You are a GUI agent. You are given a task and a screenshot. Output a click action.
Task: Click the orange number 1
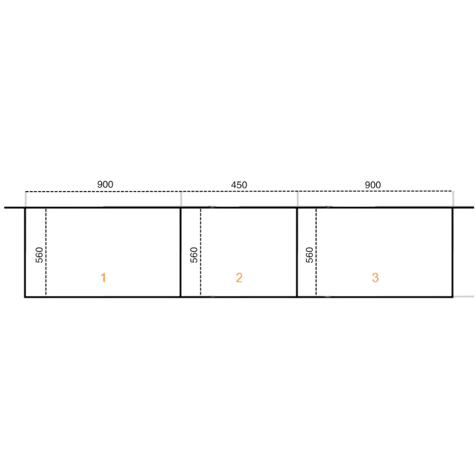[103, 278]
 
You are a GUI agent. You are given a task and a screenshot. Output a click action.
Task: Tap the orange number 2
[239, 278]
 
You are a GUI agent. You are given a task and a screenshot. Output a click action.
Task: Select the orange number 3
[376, 278]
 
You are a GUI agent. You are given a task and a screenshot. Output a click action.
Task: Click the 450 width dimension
[239, 185]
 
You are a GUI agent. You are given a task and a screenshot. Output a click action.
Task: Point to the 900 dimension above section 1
[105, 184]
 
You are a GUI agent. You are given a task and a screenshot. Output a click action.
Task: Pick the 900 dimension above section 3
[372, 185]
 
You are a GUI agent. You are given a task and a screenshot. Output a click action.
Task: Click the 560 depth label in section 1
[40, 255]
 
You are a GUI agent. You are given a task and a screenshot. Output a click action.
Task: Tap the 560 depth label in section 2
[194, 255]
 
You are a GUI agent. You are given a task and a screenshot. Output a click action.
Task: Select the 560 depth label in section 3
[309, 255]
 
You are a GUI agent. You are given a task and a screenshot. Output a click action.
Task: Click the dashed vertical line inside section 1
[46, 252]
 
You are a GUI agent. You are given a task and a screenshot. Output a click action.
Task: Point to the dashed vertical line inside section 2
[200, 252]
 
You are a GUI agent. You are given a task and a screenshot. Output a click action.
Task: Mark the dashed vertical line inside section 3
[316, 252]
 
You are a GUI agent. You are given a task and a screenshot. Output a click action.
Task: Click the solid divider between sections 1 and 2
[180, 253]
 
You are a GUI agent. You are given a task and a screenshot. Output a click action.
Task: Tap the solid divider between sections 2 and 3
[297, 253]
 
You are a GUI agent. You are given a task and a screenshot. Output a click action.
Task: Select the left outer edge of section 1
[25, 253]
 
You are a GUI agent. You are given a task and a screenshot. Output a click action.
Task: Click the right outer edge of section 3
[453, 253]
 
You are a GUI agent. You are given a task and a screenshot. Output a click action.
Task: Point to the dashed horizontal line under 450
[239, 192]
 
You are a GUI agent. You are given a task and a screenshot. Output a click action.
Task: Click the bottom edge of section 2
[239, 297]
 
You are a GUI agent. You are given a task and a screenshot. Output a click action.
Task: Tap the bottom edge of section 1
[102, 297]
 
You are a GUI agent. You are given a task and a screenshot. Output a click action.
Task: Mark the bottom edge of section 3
[375, 297]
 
